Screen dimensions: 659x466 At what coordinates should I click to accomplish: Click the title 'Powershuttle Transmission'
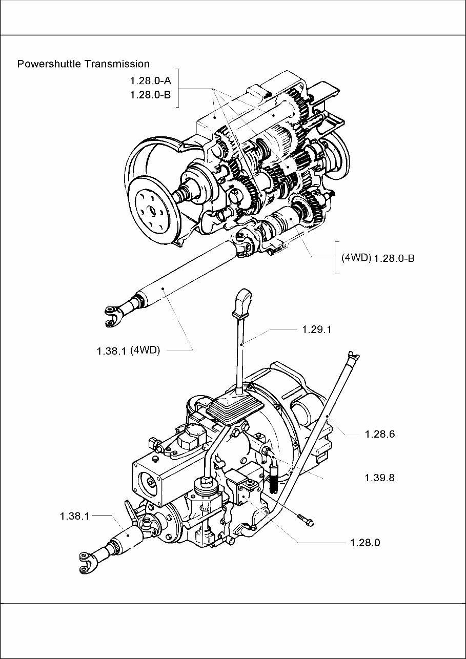[84, 64]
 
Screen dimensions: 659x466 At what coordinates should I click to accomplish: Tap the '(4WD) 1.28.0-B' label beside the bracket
[378, 258]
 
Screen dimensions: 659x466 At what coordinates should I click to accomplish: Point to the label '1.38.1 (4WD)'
[128, 351]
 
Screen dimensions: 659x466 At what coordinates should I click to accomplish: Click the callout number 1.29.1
[317, 329]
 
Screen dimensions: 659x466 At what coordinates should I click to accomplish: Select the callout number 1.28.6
[379, 434]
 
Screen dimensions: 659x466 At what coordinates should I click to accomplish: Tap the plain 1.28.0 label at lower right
[365, 543]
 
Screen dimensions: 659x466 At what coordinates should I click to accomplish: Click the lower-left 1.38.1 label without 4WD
[75, 516]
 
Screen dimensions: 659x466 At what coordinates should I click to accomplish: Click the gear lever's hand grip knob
[242, 302]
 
